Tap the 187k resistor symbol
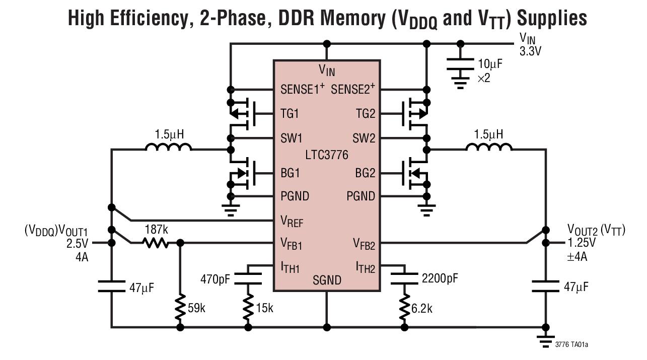point(156,243)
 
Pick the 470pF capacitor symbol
point(248,277)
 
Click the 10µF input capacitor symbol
point(460,63)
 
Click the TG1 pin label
point(290,114)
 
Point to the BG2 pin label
point(365,173)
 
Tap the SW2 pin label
point(364,138)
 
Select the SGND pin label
point(327,280)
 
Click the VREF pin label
point(292,221)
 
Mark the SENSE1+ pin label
point(302,90)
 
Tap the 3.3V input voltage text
point(531,50)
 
